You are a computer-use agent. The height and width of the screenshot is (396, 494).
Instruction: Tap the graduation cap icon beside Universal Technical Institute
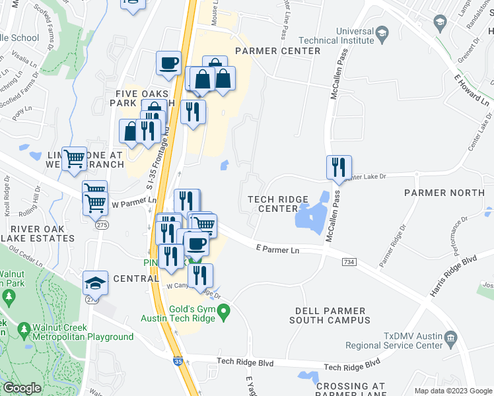point(382,32)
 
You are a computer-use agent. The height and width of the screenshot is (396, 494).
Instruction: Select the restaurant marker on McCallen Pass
point(339,168)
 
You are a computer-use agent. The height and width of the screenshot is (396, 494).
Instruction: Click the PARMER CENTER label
point(277,51)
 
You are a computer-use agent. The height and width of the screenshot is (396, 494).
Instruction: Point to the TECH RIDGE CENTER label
point(273,204)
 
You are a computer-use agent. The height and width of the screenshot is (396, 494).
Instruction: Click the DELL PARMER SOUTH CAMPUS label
point(330,315)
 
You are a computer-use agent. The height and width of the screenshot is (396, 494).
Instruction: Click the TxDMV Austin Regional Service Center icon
point(451,339)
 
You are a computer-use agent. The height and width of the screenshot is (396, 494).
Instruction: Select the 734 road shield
point(349,262)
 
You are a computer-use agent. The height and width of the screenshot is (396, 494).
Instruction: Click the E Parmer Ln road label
point(277,250)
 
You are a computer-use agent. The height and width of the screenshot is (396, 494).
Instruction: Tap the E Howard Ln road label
point(472,90)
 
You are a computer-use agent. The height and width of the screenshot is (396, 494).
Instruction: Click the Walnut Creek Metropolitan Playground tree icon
point(24,328)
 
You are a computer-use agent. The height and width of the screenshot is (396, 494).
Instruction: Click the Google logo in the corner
point(22,388)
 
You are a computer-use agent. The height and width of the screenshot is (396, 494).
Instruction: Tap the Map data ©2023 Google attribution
point(452,390)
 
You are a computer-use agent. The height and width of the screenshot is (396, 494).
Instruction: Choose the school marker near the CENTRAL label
point(96,284)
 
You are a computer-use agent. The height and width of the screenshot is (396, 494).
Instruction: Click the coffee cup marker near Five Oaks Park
point(169,64)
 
